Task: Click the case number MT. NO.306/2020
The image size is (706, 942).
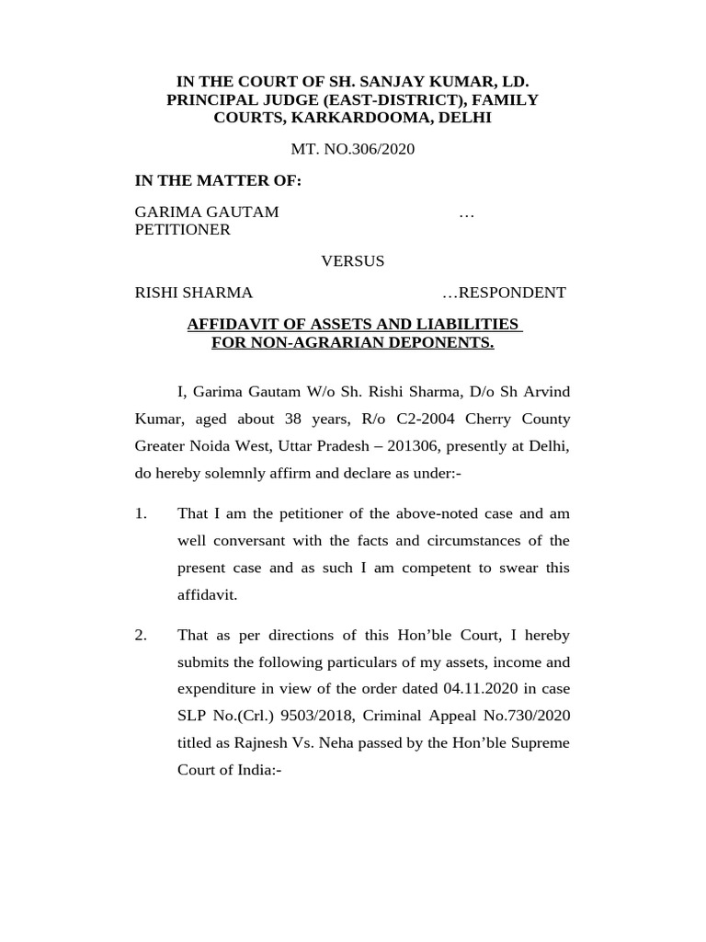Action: tap(353, 149)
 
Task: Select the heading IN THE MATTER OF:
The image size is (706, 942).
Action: tap(218, 180)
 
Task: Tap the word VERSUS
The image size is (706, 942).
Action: tap(352, 261)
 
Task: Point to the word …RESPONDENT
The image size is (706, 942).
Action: tap(504, 293)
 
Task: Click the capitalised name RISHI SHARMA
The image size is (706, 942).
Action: tap(194, 293)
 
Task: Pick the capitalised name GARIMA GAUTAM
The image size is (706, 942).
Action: tap(207, 213)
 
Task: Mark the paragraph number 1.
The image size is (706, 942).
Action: tap(141, 513)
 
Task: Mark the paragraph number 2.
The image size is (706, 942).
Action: tap(141, 636)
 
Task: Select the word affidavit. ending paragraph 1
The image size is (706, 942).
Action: tap(207, 594)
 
